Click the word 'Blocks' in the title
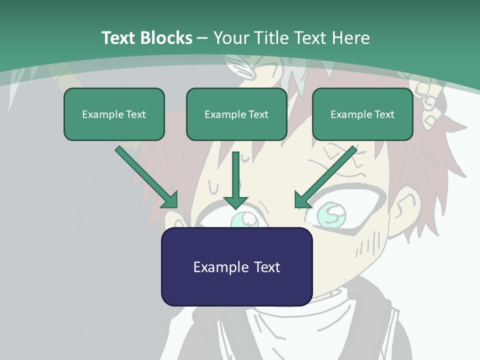pos(167,38)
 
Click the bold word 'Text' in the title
pos(119,38)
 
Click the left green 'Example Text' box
pos(114,114)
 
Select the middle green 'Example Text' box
pos(236,114)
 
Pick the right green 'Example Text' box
pos(362,114)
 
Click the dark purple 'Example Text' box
pos(236,266)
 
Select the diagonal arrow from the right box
pos(327,175)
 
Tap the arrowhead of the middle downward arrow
pos(236,202)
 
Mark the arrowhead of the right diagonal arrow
pos(301,200)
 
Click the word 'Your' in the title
pos(231,38)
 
